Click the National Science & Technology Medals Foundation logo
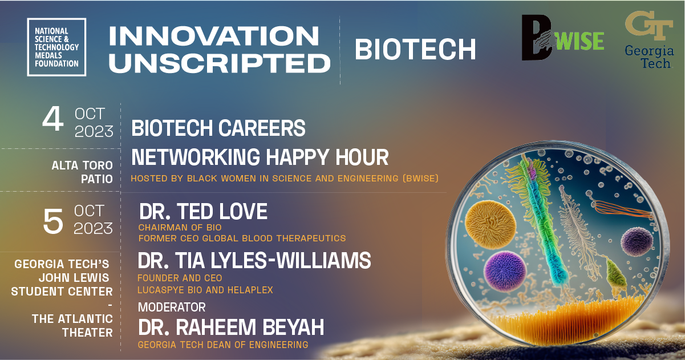click(56, 47)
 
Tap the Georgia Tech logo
click(649, 40)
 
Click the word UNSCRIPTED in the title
click(220, 63)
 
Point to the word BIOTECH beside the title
click(415, 49)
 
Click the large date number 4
click(53, 119)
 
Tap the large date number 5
click(53, 221)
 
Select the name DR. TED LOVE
click(204, 211)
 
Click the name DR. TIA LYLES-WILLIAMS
click(254, 261)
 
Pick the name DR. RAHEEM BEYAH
click(231, 327)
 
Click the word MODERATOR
click(172, 307)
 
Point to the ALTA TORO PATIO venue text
click(82, 172)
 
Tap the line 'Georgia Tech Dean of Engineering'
click(223, 345)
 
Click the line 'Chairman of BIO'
click(180, 228)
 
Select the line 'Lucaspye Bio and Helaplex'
click(205, 290)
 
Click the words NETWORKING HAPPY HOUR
click(260, 157)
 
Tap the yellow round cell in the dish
click(490, 225)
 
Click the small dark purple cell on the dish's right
click(637, 242)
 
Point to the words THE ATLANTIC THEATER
click(72, 326)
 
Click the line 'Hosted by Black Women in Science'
click(285, 179)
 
